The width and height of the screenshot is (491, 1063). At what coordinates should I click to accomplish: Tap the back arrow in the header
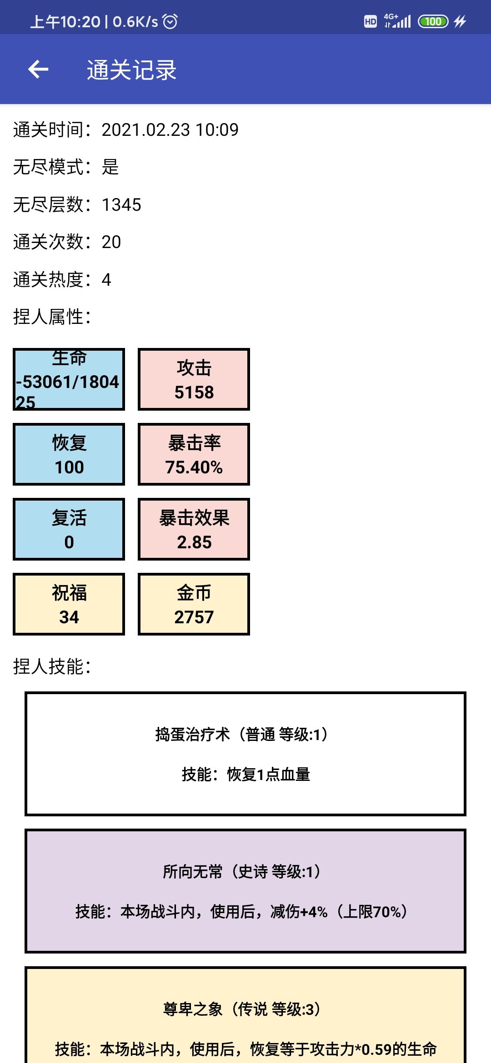point(38,70)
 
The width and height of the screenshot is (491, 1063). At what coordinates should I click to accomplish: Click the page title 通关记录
point(132,70)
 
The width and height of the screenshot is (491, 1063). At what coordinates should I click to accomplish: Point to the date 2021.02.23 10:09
point(170,130)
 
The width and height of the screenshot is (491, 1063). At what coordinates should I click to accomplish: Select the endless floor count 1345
point(121,205)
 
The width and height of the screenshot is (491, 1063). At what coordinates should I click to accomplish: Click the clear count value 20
point(111,242)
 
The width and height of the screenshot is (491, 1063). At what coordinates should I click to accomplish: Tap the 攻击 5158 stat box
point(194,379)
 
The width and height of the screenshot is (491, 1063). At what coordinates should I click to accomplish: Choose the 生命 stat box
point(69,379)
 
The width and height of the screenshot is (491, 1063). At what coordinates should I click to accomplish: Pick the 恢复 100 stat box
point(69,454)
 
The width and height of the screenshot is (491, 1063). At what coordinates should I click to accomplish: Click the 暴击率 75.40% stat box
point(194,454)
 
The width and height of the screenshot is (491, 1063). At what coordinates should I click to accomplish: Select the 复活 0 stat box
point(69,529)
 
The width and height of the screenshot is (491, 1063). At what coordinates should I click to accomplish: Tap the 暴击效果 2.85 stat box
point(194,529)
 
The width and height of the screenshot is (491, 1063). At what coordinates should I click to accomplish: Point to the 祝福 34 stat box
point(69,604)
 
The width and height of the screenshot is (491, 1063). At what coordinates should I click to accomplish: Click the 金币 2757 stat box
point(194,604)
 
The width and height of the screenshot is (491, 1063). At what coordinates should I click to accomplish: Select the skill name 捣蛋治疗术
point(193,734)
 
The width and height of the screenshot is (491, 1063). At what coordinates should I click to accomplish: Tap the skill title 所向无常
point(193,871)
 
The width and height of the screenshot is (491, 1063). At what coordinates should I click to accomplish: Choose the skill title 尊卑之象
point(193,1009)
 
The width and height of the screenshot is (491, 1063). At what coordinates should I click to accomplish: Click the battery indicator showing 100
point(433,21)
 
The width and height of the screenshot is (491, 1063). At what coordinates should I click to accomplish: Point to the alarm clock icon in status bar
point(170,21)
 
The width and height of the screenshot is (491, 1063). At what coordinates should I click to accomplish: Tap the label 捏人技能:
point(52,666)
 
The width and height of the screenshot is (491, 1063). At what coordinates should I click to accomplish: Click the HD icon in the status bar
point(371,21)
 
